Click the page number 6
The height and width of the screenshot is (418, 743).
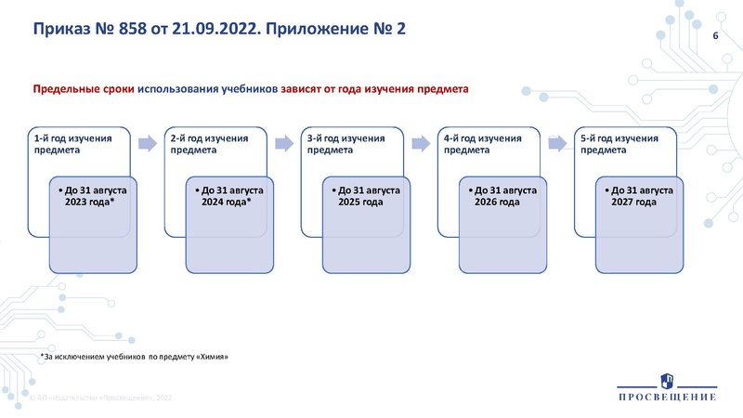(715, 35)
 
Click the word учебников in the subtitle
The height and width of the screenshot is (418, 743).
(245, 89)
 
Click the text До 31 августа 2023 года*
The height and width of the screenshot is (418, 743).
(89, 195)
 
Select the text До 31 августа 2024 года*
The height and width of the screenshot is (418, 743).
(227, 195)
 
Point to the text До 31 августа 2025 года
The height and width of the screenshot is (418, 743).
(364, 195)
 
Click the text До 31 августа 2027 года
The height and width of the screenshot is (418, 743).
(638, 195)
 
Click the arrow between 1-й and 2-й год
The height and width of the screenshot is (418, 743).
(146, 143)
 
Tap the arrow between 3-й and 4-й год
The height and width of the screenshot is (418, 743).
(421, 143)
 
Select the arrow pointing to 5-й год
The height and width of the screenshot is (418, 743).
(557, 143)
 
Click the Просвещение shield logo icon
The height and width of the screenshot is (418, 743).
(667, 381)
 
